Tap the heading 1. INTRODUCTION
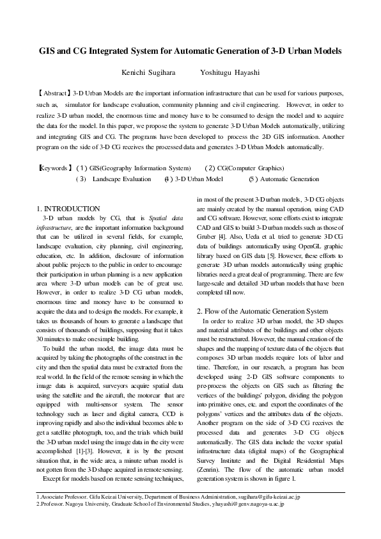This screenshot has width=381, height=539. click(68, 209)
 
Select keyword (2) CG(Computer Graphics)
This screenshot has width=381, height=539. click(244, 168)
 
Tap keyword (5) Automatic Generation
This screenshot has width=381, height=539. click(284, 179)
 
